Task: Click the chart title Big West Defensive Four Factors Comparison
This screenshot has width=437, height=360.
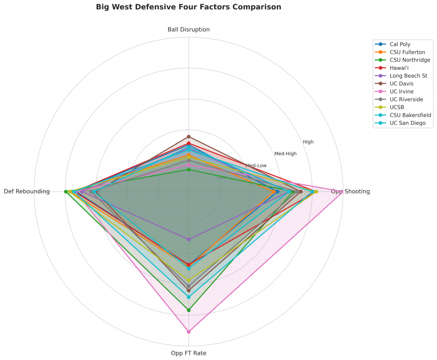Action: pos(188,7)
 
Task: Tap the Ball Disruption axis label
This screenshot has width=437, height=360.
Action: pos(189,29)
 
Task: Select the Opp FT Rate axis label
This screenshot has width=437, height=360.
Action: pos(189,353)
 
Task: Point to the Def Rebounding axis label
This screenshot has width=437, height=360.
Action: pos(26,192)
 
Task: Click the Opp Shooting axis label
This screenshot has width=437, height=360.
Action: pos(350,192)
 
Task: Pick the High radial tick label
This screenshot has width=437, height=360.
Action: pos(308,142)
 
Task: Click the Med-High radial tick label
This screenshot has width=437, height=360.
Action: pos(286,154)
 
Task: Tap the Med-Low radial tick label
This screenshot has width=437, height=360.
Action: pos(256,165)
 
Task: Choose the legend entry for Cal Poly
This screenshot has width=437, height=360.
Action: pos(400,44)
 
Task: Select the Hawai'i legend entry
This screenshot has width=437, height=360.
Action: pos(400,67)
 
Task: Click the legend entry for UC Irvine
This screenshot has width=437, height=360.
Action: pos(402,91)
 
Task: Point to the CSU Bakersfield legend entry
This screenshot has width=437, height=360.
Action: pos(410,115)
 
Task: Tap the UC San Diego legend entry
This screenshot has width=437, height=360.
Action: pos(408,123)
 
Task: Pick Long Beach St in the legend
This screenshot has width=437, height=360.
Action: pos(408,75)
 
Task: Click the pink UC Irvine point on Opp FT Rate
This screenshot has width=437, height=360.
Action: pos(189,331)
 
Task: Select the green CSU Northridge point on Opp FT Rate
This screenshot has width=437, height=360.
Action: pos(189,310)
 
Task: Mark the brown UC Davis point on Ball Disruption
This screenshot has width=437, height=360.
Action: pos(189,136)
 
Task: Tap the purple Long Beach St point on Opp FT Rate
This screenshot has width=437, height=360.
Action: pos(189,239)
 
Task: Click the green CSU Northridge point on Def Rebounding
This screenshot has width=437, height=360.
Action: pos(66,192)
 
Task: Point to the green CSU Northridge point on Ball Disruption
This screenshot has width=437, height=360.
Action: pos(189,170)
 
